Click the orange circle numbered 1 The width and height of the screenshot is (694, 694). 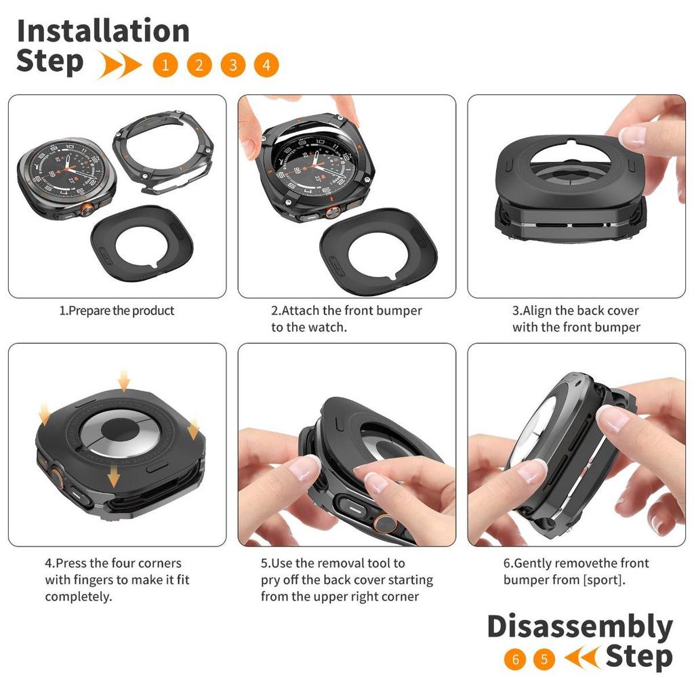(x=165, y=65)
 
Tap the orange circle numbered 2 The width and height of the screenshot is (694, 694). (x=199, y=65)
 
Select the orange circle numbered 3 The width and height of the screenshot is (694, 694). (x=233, y=65)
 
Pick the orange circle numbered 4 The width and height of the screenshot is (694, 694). (x=266, y=65)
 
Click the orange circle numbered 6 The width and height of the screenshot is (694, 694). (x=515, y=659)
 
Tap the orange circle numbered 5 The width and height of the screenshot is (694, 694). (x=544, y=659)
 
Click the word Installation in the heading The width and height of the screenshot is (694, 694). (x=103, y=30)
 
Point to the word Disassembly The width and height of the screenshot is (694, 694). (x=580, y=628)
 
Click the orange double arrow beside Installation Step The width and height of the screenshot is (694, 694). (x=119, y=64)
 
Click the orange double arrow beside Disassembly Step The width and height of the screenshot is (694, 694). (x=583, y=657)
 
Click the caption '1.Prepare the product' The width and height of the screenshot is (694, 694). (x=117, y=310)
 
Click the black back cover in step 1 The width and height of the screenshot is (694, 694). (x=142, y=243)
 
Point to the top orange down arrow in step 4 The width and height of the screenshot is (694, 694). (x=124, y=382)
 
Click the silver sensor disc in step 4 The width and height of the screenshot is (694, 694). (x=118, y=432)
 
